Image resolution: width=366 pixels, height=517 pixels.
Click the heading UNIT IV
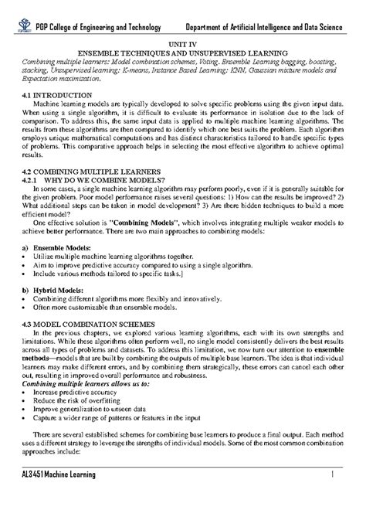coord(182,46)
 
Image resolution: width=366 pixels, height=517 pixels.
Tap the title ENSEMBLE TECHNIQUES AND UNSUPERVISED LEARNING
coord(183,54)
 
